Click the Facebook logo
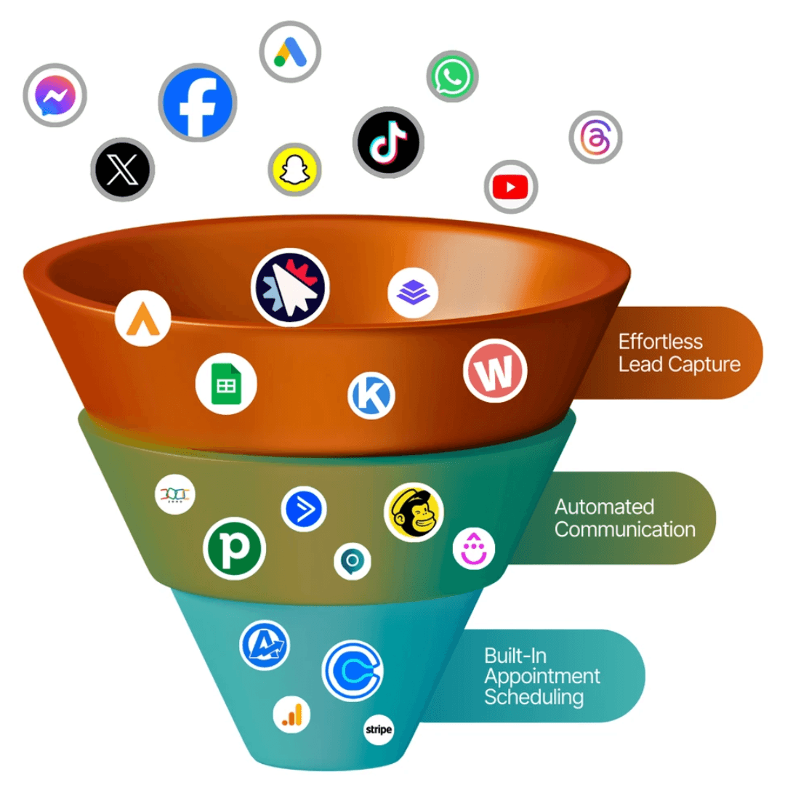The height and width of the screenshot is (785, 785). pyautogui.click(x=196, y=102)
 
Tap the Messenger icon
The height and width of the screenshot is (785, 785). pyautogui.click(x=55, y=95)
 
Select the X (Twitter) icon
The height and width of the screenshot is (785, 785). pyautogui.click(x=122, y=170)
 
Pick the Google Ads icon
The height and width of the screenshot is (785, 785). pyautogui.click(x=290, y=52)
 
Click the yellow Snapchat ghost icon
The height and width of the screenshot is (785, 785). pyautogui.click(x=294, y=169)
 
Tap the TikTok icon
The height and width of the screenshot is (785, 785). pyautogui.click(x=388, y=142)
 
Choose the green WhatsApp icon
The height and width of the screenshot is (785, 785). pyautogui.click(x=452, y=76)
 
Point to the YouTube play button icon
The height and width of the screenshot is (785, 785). pyautogui.click(x=510, y=188)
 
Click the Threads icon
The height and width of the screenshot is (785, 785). pyautogui.click(x=596, y=137)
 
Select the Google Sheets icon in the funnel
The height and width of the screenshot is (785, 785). pyautogui.click(x=226, y=383)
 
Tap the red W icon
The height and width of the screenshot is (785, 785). pyautogui.click(x=495, y=371)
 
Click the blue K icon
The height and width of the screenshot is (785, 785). pyautogui.click(x=371, y=396)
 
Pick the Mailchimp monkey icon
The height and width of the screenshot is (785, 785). pyautogui.click(x=414, y=512)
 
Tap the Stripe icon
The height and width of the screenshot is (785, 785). pyautogui.click(x=379, y=729)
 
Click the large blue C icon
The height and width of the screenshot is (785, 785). pyautogui.click(x=352, y=670)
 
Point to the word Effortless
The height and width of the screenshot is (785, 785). pyautogui.click(x=660, y=342)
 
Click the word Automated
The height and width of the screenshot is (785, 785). pyautogui.click(x=604, y=507)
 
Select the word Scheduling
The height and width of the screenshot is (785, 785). pyautogui.click(x=534, y=697)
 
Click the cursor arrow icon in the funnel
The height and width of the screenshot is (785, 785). pyautogui.click(x=290, y=288)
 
